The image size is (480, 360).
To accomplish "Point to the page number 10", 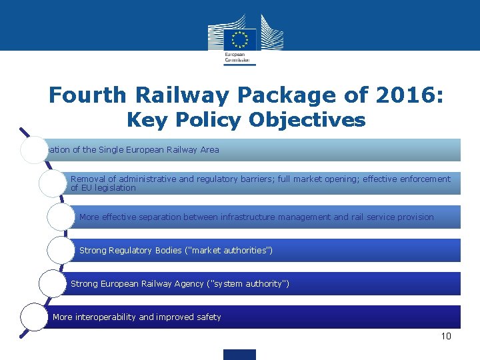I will click(446, 336).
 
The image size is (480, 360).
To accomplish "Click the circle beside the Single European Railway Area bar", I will click(33, 150).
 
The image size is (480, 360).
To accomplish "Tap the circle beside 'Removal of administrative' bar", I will click(52, 183).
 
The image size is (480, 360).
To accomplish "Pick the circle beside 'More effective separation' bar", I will click(61, 217).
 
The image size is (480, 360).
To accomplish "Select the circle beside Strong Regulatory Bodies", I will click(61, 251).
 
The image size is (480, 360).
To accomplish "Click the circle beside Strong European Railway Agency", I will click(52, 284).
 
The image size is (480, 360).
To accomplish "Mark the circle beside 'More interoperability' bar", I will click(33, 317).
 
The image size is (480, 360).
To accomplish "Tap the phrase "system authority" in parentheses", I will click(249, 284).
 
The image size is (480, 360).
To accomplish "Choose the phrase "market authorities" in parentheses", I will click(229, 251).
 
